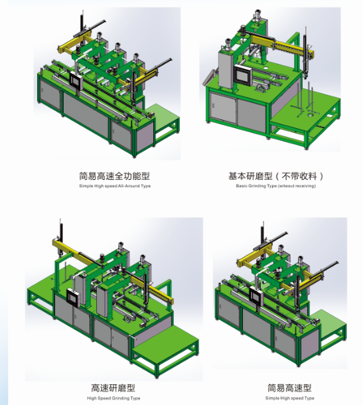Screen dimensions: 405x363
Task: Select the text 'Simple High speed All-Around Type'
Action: [x=114, y=187]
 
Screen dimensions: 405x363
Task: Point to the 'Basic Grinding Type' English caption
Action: [x=275, y=187]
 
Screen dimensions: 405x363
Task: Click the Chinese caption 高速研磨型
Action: [x=114, y=388]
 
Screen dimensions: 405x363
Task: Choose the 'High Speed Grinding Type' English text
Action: [x=114, y=398]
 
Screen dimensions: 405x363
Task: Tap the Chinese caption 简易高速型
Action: [x=289, y=388]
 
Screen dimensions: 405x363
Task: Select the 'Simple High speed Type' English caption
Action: [x=289, y=398]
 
